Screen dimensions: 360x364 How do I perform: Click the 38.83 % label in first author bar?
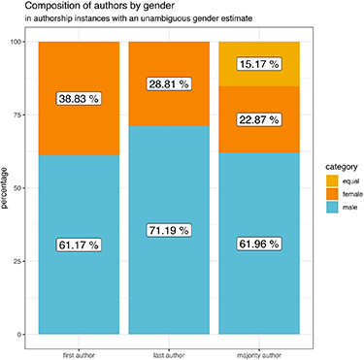80,99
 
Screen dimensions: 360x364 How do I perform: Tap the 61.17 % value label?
80,245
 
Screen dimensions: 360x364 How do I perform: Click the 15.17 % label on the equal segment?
259,65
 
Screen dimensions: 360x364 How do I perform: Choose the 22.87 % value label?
259,120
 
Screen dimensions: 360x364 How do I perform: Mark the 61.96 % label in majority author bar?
259,245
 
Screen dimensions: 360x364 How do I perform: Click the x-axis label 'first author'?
80,344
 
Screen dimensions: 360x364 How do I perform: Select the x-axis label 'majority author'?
259,344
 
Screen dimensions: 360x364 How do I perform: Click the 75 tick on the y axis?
20,115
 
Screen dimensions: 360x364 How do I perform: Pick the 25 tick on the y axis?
20,261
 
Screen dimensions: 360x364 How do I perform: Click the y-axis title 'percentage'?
7,188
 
